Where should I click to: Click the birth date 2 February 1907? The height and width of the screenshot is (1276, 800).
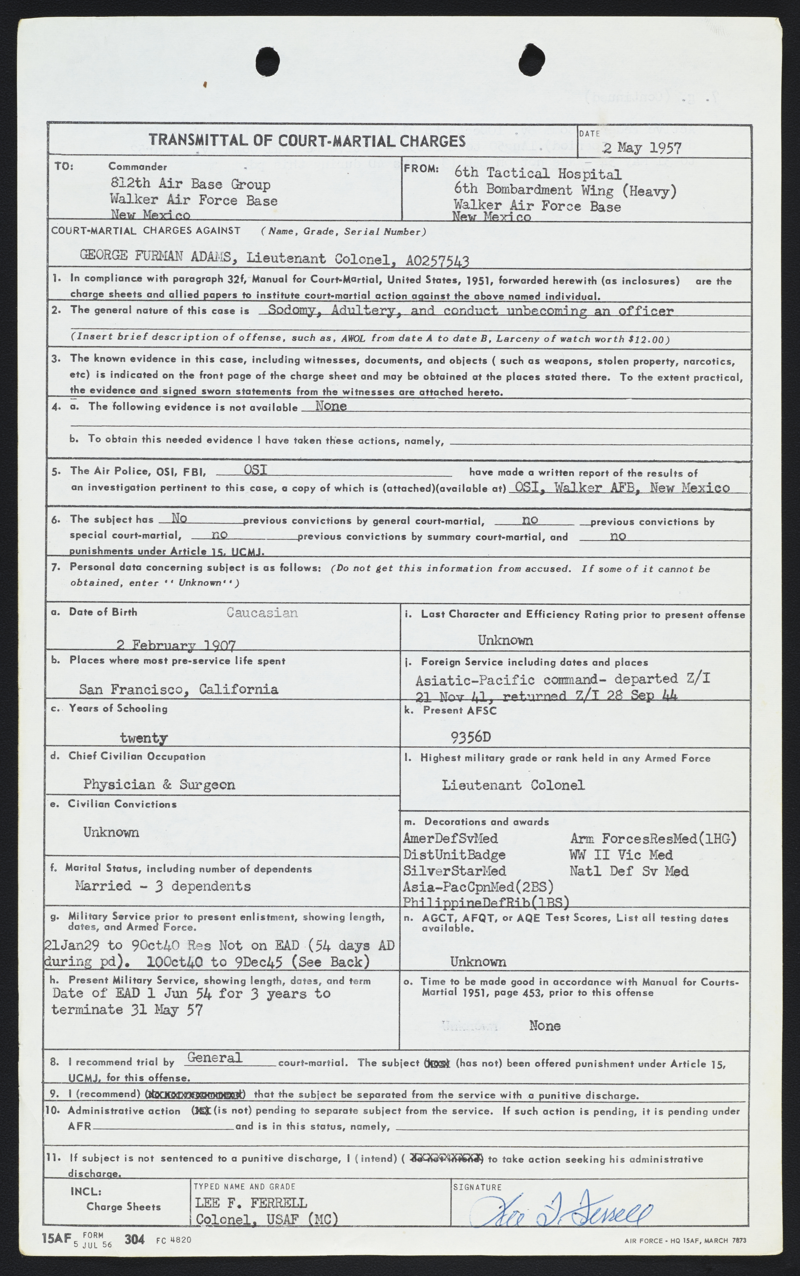click(x=176, y=645)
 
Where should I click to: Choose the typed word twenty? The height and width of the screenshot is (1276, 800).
click(x=143, y=737)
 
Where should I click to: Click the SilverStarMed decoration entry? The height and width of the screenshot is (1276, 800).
click(x=454, y=871)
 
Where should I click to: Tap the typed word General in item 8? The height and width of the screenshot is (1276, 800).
click(x=214, y=1058)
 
